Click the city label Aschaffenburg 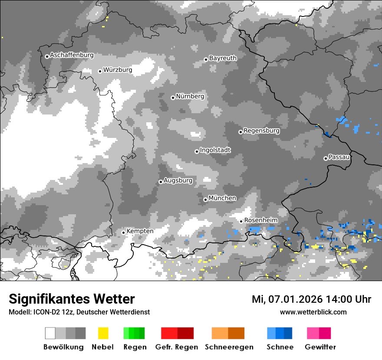tap(72, 55)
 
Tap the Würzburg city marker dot tap(100, 71)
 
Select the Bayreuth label tap(223, 58)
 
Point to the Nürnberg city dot tap(173, 98)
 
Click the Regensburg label tap(261, 131)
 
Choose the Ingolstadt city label tap(215, 150)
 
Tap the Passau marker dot tap(326, 158)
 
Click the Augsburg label tap(178, 180)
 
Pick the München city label tap(222, 198)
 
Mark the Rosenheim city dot tap(241, 221)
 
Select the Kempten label tap(140, 231)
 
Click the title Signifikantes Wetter tap(72, 299)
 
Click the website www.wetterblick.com tap(313, 312)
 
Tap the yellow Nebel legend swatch tap(103, 333)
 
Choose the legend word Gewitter tap(320, 347)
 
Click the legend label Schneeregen tap(229, 347)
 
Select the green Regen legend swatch tap(134, 333)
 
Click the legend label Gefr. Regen tap(177, 347)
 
